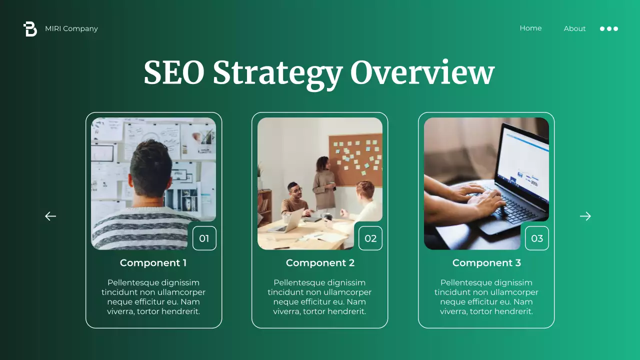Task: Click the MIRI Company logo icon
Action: tap(30, 29)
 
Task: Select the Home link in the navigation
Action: tap(530, 28)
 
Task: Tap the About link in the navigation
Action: tap(574, 28)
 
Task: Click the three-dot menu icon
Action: tap(609, 28)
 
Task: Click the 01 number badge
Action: tap(204, 238)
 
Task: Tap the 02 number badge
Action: tap(370, 238)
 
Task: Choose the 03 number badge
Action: tap(537, 238)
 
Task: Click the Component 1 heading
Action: tap(153, 262)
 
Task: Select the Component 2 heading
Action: tap(320, 262)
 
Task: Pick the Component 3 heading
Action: tap(486, 262)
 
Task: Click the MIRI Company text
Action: tap(71, 28)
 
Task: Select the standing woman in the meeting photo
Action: tap(323, 182)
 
